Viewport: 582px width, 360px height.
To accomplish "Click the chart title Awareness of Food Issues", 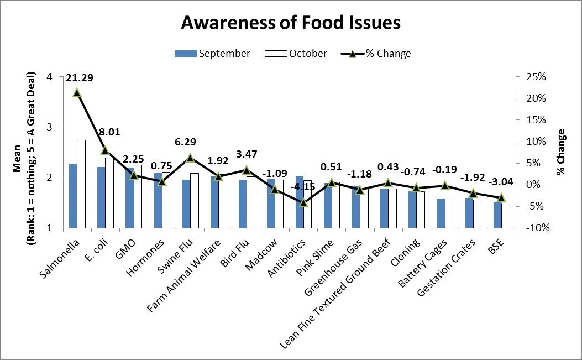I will pos(291,23).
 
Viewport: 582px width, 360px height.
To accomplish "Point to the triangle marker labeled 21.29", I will pos(77,93).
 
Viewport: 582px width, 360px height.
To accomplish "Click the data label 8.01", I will pos(109,133).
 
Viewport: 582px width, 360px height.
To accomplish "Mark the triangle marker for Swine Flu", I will pos(190,158).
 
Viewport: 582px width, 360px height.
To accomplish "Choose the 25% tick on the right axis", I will pos(534,77).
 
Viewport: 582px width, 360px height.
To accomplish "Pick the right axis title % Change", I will pos(561,152).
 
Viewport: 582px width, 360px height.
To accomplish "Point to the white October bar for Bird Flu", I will pos(251,202).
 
